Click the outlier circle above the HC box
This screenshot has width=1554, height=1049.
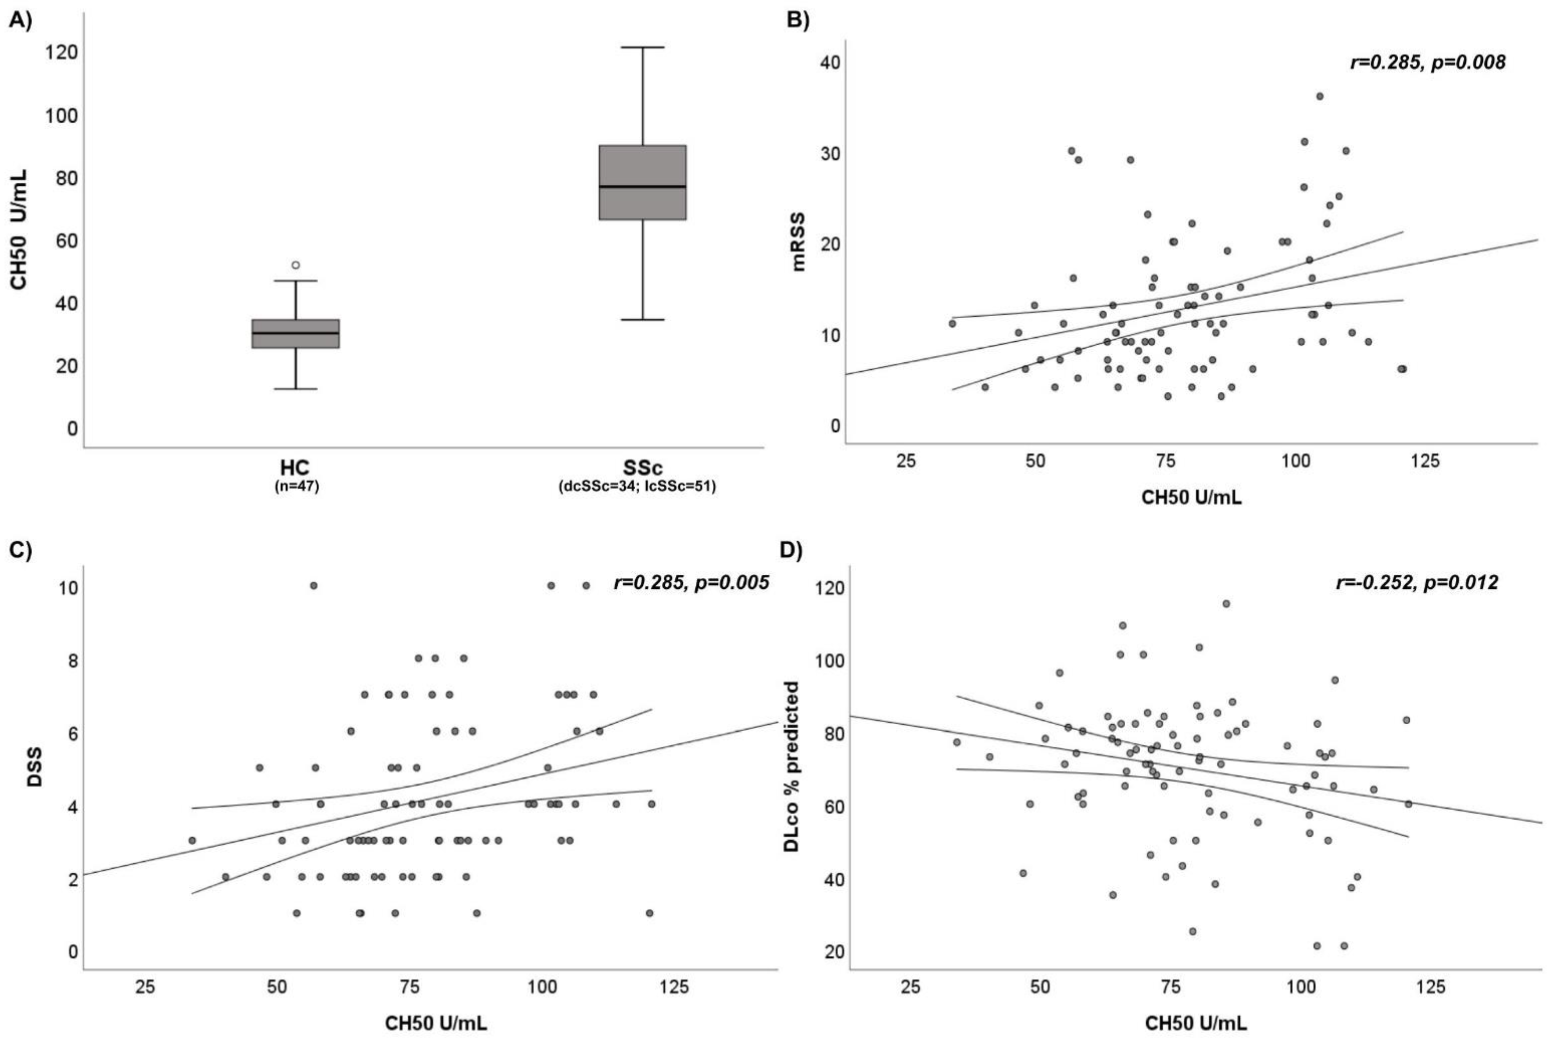(x=296, y=265)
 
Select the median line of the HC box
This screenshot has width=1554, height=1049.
(x=296, y=332)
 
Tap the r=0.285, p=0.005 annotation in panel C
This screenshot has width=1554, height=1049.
(x=691, y=583)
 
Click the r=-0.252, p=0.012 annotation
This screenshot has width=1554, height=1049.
(x=1416, y=583)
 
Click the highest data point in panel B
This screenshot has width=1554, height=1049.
(x=1319, y=96)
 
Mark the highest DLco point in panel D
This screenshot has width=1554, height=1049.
(x=1226, y=603)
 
